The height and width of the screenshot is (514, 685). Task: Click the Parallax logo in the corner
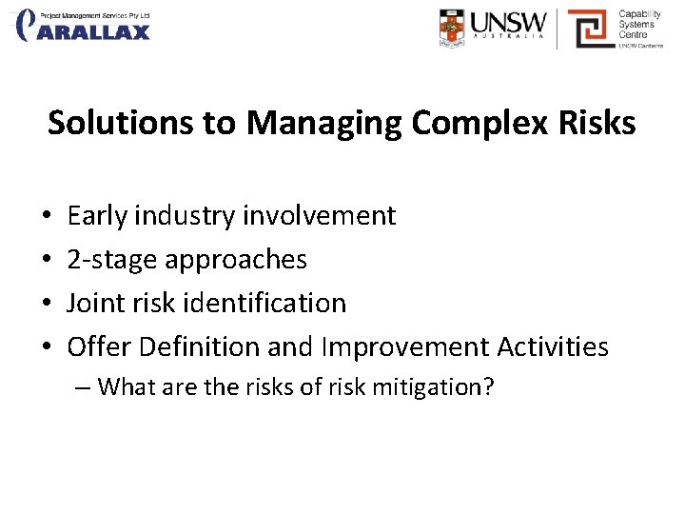84,26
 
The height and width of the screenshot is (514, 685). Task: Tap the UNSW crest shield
453,28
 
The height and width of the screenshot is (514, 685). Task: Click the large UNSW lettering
511,22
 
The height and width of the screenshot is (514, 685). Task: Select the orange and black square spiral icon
588,28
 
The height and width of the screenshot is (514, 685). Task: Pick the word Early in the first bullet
97,216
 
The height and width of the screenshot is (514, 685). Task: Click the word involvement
319,216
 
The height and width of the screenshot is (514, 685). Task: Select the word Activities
557,346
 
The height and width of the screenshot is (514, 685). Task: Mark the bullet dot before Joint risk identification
48,304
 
